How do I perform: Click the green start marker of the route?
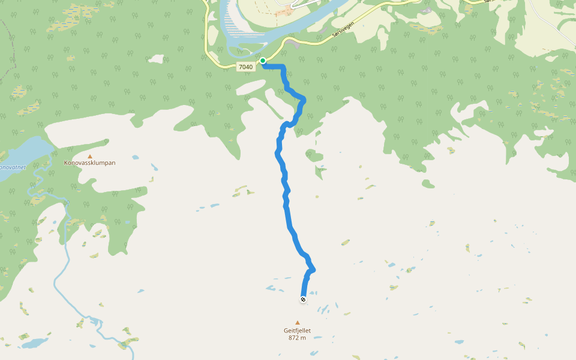click(263, 61)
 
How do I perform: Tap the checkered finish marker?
click(303, 299)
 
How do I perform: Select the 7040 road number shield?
click(245, 67)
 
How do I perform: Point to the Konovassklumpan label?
click(90, 163)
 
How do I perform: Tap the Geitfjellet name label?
click(297, 330)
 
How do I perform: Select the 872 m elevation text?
click(297, 338)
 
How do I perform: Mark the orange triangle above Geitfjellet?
click(297, 323)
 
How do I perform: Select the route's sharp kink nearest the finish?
click(313, 269)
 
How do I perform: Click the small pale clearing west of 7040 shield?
click(157, 59)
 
